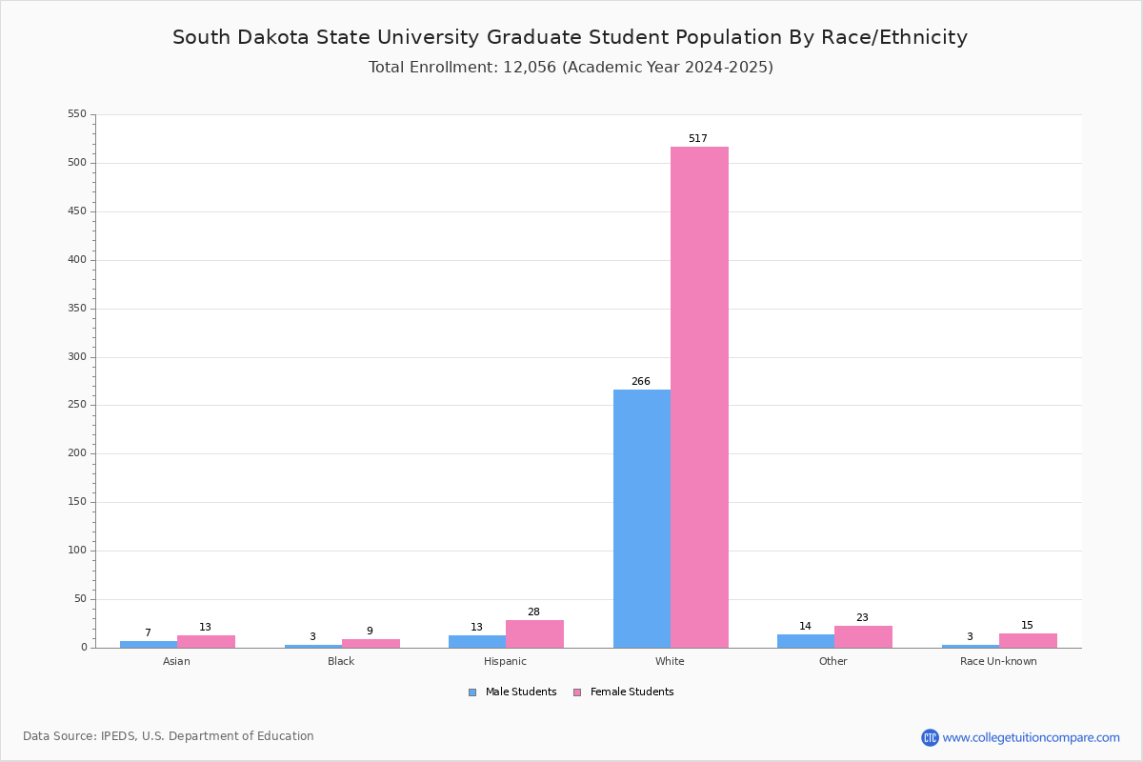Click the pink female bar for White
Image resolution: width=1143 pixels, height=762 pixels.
coord(699,397)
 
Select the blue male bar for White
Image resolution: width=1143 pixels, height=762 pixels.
coord(642,518)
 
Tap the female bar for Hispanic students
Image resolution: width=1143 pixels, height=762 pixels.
coord(534,634)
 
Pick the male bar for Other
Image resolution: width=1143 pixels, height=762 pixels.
coord(806,641)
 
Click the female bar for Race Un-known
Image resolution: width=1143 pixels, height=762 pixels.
coord(1028,641)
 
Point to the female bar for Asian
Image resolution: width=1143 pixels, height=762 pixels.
coord(206,642)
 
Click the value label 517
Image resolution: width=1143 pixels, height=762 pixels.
coord(698,139)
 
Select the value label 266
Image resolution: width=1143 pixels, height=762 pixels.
coord(641,382)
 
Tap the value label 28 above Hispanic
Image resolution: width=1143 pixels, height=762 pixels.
coord(533,612)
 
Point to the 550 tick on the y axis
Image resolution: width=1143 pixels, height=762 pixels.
coord(77,114)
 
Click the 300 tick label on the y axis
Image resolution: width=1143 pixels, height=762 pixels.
coord(77,357)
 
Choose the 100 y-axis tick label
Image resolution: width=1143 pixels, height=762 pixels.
coord(77,551)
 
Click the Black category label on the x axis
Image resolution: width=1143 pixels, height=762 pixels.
coord(341,662)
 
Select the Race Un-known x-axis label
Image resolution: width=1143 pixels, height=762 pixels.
coord(998,662)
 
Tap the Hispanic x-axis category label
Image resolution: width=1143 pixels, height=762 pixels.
coord(505,662)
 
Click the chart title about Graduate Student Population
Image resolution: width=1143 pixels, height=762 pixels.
coord(570,38)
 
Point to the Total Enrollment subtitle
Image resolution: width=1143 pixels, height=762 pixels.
coord(571,68)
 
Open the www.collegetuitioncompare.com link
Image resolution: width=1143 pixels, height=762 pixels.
coord(1031,737)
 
